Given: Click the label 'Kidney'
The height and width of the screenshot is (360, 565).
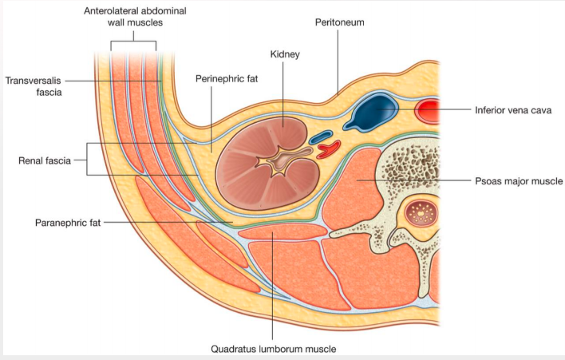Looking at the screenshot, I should coord(284,54).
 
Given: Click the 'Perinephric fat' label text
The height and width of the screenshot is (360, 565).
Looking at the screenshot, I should coord(227,80).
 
